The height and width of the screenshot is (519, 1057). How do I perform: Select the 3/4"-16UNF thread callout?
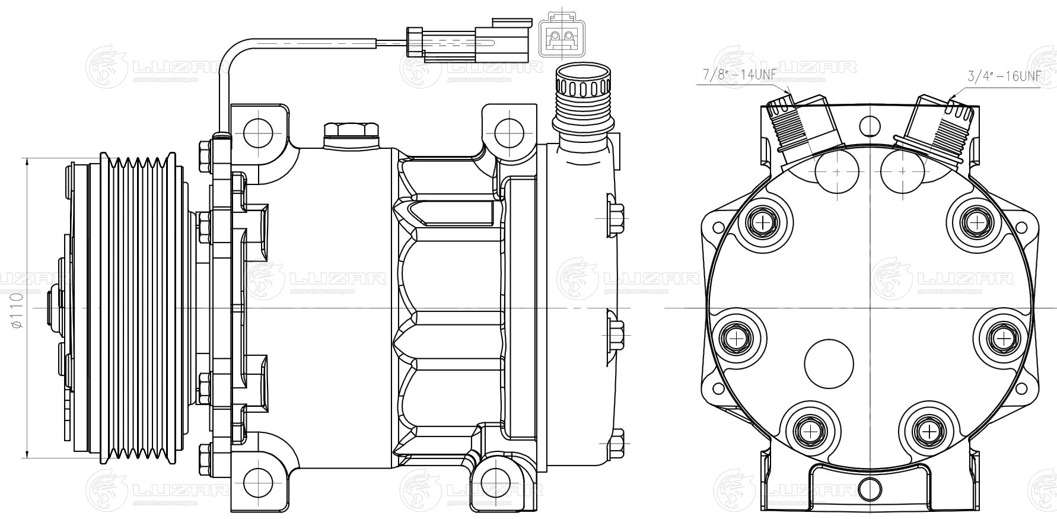coord(1004,77)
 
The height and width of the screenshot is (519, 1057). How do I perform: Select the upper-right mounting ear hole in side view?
coord(507,131)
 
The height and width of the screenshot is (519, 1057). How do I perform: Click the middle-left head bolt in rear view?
coord(736,339)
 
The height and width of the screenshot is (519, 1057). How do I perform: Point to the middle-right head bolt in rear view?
coord(1002,338)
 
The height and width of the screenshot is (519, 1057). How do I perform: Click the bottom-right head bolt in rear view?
coord(928,429)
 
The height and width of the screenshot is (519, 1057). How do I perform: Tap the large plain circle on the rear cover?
coord(829,364)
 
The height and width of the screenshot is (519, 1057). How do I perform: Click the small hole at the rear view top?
coord(869,126)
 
